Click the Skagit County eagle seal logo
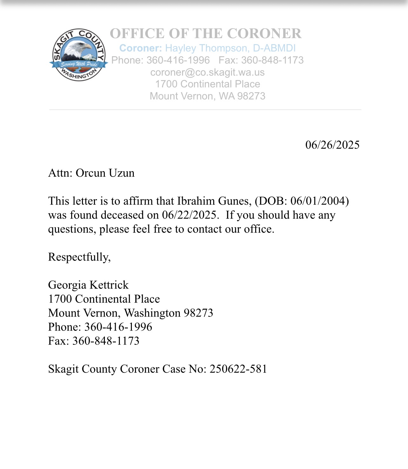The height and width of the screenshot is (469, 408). [78, 55]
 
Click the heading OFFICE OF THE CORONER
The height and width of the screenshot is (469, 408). [206, 34]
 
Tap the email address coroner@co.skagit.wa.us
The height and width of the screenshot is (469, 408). [207, 72]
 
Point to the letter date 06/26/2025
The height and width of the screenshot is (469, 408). [332, 145]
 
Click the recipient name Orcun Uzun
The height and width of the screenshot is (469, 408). [105, 173]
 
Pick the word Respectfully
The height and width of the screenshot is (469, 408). [79, 257]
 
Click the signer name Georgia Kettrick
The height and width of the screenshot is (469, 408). [88, 285]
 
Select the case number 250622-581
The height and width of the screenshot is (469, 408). [238, 369]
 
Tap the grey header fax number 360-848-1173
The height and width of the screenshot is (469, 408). [272, 60]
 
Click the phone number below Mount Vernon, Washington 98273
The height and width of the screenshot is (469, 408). [118, 327]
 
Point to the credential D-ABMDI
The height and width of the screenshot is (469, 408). [274, 48]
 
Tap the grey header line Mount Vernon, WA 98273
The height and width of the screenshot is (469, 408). [207, 96]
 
